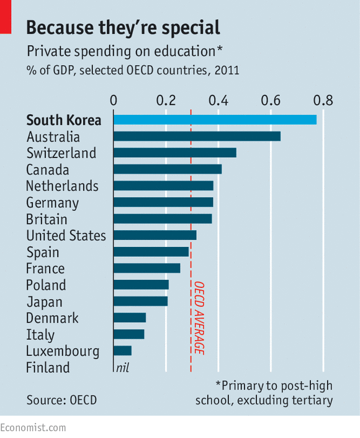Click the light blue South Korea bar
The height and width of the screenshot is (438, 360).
[214, 120]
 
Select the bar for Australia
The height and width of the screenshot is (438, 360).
[196, 136]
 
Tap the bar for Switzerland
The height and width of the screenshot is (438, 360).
[174, 153]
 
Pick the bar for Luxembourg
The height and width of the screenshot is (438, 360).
[122, 351]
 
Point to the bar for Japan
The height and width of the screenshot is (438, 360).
[140, 302]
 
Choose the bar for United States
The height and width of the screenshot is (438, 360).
[155, 235]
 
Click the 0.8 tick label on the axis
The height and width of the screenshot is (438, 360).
[323, 100]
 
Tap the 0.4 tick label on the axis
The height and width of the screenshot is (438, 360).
[218, 100]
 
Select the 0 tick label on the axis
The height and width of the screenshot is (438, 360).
[113, 100]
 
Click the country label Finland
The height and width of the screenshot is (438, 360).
[48, 368]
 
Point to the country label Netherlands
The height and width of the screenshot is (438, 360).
[62, 186]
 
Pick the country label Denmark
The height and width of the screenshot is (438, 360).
[52, 318]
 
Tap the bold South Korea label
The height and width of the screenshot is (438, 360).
[63, 120]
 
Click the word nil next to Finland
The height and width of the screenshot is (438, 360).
[122, 368]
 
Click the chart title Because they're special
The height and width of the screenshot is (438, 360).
[123, 27]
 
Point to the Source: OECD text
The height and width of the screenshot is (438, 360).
[61, 401]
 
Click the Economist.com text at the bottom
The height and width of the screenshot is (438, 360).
[33, 427]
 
